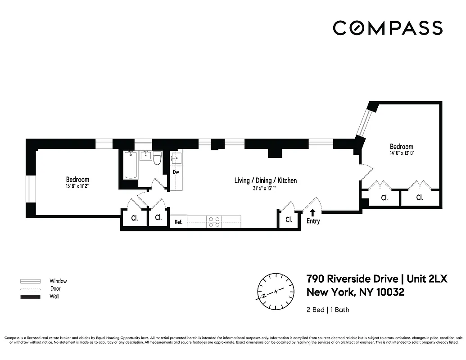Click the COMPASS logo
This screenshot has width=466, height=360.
coord(388,28)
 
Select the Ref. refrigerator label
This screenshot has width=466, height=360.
coord(178,221)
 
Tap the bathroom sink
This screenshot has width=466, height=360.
coord(145,156)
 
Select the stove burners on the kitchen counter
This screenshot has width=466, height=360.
coord(214,221)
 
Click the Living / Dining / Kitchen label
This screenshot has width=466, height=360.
coord(265,180)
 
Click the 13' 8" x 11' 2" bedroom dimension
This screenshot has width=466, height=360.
coord(77,186)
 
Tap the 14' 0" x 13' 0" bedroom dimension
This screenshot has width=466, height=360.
coord(401,153)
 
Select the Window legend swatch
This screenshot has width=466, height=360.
coord(30,281)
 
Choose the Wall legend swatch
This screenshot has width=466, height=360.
coord(30,297)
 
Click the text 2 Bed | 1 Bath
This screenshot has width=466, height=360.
coord(328,310)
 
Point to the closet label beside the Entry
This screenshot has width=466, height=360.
coord(289,220)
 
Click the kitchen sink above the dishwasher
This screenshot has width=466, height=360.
coord(176,158)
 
